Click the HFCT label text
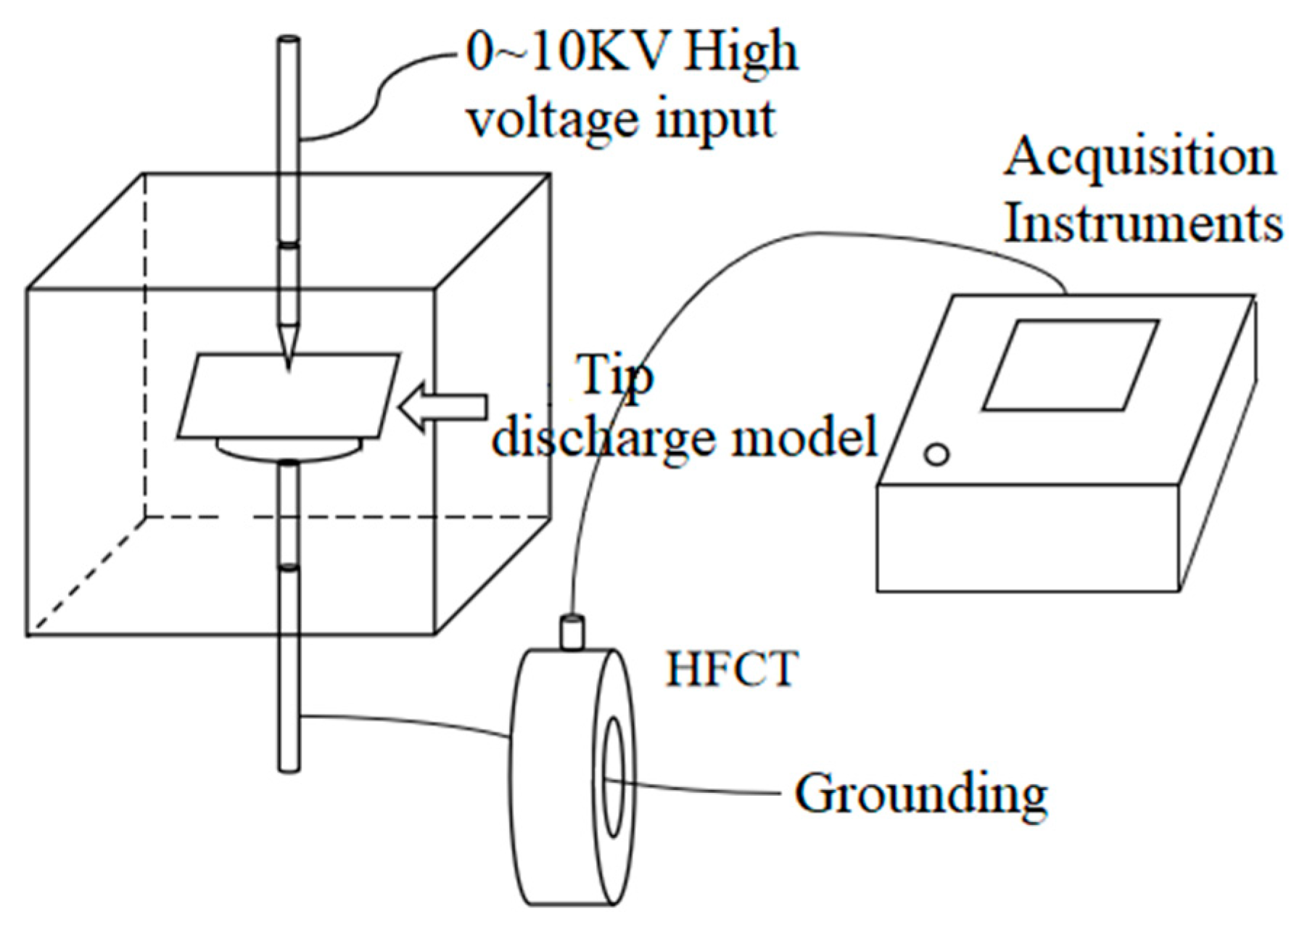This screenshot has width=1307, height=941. click(x=731, y=669)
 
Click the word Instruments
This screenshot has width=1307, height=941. click(x=1143, y=223)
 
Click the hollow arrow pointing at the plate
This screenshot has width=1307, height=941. click(x=443, y=407)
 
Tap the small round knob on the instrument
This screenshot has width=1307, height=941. click(x=936, y=455)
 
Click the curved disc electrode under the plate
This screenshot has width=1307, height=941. click(x=290, y=449)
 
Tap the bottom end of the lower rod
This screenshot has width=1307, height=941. click(x=289, y=765)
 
